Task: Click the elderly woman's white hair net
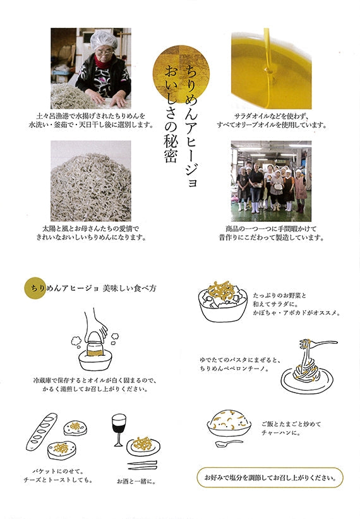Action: pos(104,40)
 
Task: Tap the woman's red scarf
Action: pos(104,63)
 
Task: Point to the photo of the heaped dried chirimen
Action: pos(90,181)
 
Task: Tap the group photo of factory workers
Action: pos(271,181)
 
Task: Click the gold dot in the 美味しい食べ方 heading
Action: pos(35,288)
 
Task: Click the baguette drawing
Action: pos(42,432)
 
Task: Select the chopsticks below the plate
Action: pos(143,465)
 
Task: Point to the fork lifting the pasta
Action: pos(317,344)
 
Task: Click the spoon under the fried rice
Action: pos(229,444)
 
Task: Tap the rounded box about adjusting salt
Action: pos(270,478)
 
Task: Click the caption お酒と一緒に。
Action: pos(136,481)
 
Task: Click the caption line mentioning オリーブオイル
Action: pos(272,125)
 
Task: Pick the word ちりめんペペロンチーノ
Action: pos(232,369)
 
